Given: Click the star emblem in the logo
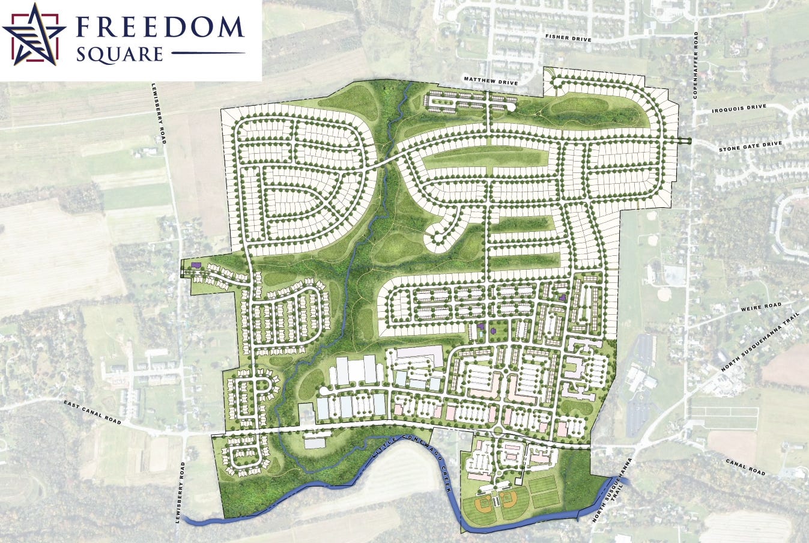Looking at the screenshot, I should coord(34,34).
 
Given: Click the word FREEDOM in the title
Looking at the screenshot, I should coord(159,27).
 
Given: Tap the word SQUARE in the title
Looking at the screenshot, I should coord(120,55).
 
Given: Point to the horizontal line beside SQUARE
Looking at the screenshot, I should coord(208,53).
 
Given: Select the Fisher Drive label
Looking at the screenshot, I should coord(568,38).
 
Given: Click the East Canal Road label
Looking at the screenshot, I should coord(92,413).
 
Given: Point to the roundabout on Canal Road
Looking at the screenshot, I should coord(498,431).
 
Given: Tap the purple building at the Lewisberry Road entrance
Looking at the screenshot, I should coord(195,264).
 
